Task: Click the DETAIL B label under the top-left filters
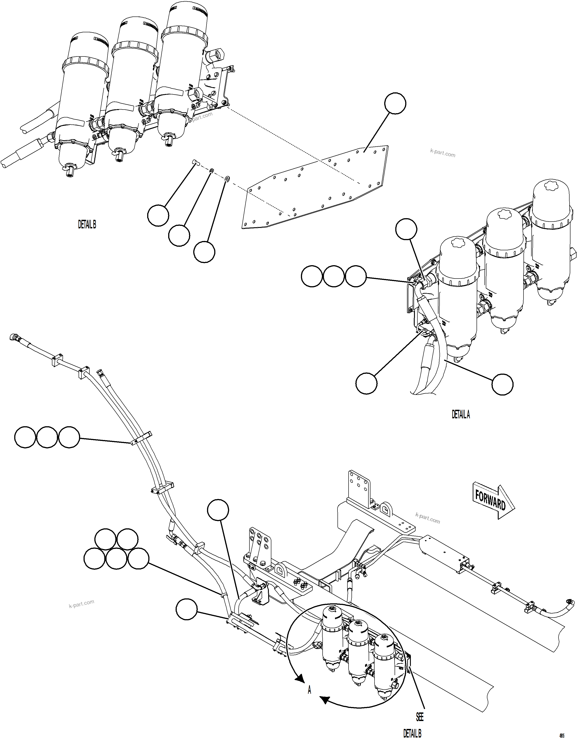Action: (87, 225)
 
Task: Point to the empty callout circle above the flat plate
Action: (395, 104)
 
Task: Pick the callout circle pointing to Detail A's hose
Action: (502, 384)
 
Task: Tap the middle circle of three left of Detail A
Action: (334, 276)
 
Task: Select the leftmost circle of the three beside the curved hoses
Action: (25, 437)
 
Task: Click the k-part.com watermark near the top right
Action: (442, 154)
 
